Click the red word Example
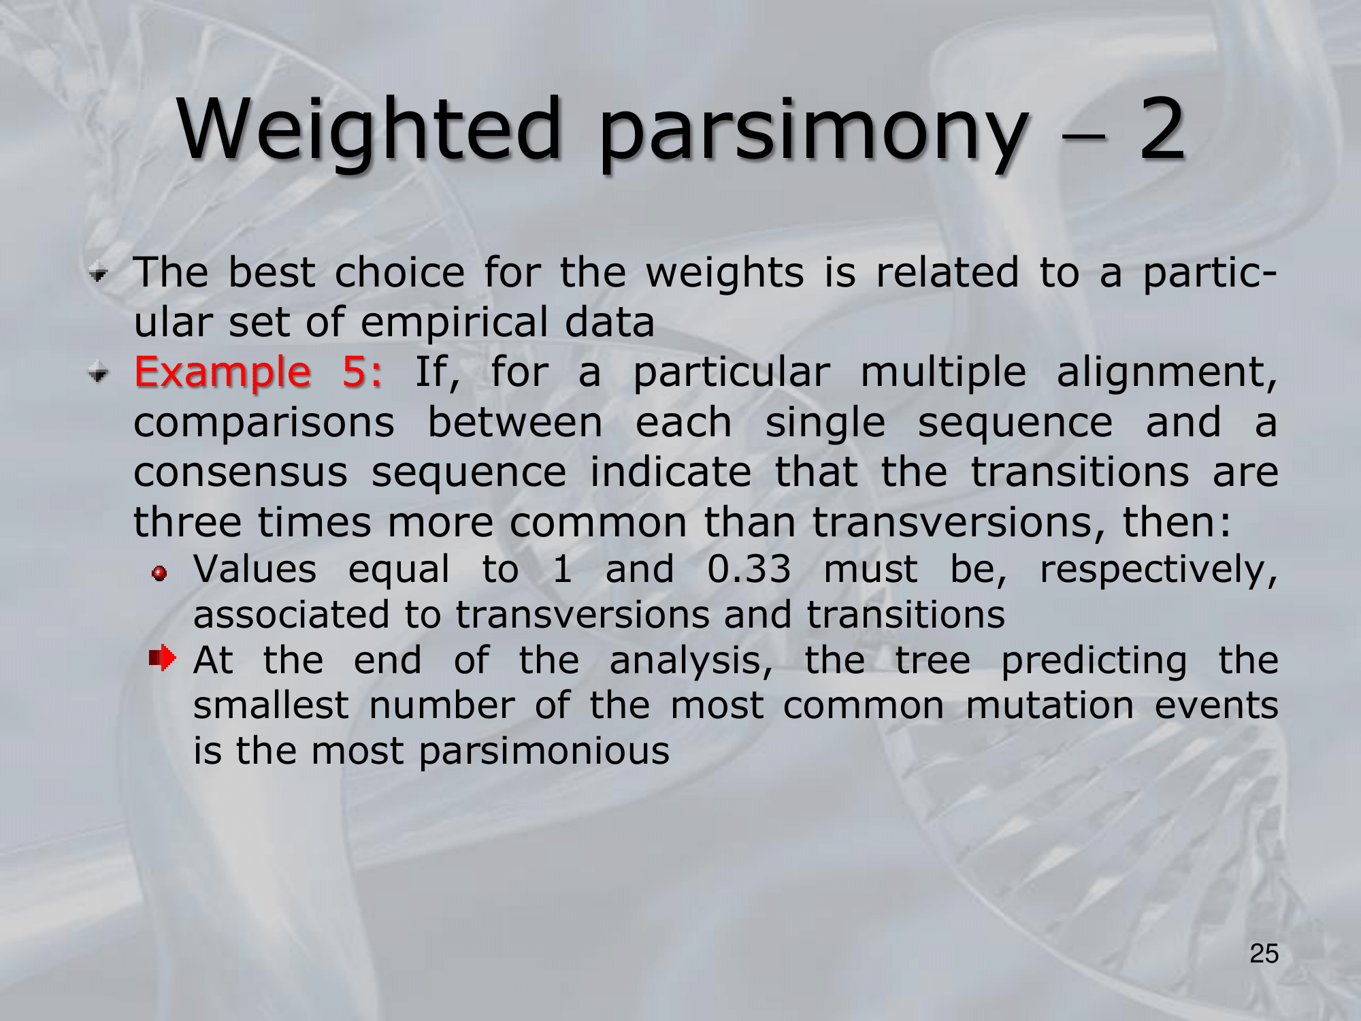[223, 374]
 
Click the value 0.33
[749, 569]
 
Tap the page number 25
[1264, 954]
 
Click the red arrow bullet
[163, 658]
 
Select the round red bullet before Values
[159, 574]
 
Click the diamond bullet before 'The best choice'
[99, 274]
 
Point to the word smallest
[271, 705]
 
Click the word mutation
[1050, 706]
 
